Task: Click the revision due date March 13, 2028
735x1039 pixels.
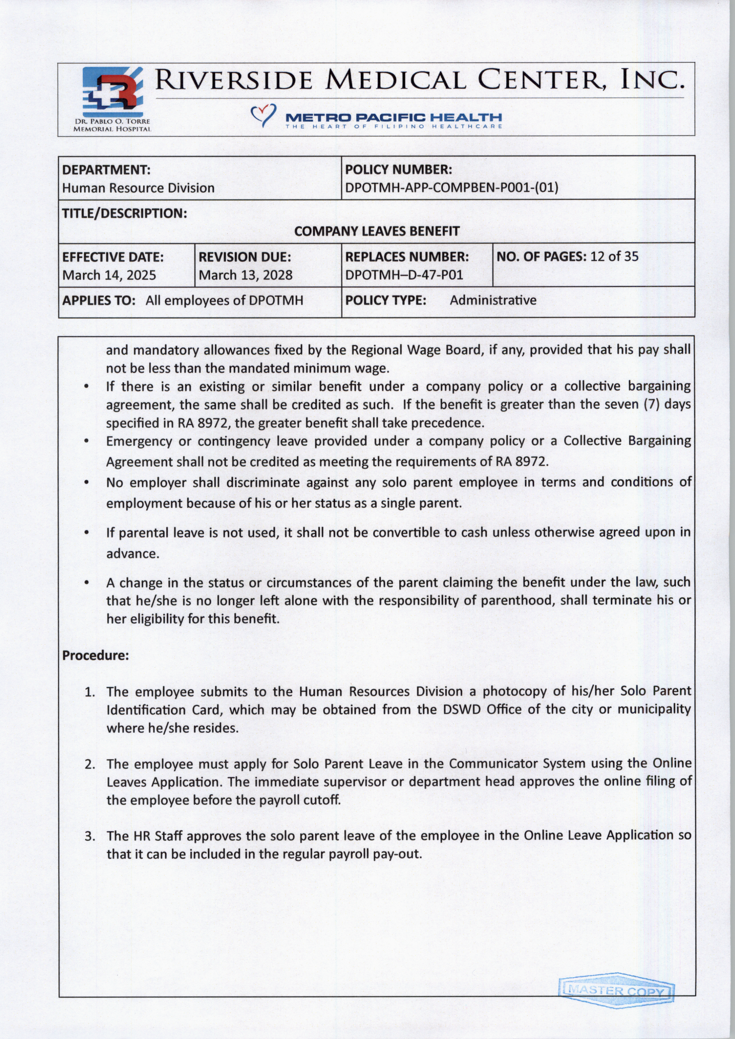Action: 245,275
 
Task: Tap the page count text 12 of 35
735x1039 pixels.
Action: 614,257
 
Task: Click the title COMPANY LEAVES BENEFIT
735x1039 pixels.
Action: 377,231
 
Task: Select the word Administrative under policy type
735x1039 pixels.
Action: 493,300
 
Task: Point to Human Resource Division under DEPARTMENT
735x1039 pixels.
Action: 138,188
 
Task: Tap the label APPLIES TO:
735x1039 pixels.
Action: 99,300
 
